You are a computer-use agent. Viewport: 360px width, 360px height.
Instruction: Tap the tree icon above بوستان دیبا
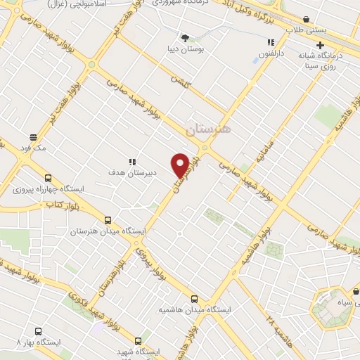tap(185, 37)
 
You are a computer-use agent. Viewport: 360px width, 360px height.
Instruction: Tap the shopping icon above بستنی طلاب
tap(306, 20)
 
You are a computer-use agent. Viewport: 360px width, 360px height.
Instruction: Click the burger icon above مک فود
tap(33, 137)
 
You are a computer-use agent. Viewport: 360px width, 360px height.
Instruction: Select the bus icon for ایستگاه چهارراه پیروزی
tap(49, 178)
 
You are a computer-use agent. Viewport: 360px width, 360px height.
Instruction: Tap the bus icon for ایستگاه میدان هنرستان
tap(108, 219)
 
